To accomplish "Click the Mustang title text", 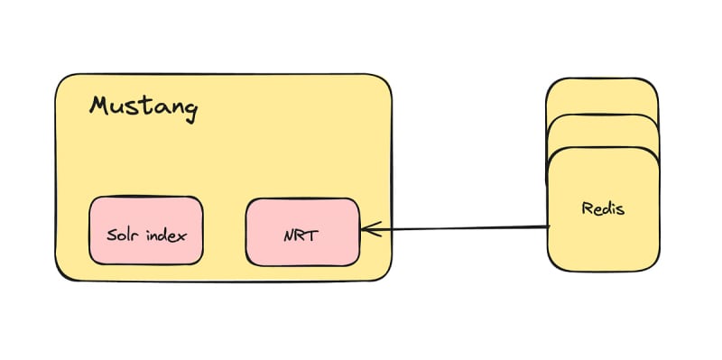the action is point(143,108).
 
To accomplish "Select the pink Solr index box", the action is point(146,231).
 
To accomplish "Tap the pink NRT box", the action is point(302,232).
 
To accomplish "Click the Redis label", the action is point(603,208).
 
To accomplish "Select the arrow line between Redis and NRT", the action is point(456,228).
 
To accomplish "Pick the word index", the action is point(167,235).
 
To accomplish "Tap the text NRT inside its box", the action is point(301,235).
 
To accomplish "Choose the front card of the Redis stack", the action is point(603,209).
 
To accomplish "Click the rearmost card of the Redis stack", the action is point(601,96).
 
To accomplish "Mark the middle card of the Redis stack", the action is point(602,131).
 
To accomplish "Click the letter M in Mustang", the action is point(100,105).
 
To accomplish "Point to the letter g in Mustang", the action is point(190,111).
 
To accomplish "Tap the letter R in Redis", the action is point(587,208).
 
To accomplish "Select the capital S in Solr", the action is point(111,235).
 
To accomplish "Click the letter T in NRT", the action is point(312,235).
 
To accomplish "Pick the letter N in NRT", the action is point(289,236).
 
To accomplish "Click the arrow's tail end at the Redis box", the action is point(550,226).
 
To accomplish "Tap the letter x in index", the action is point(183,237).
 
